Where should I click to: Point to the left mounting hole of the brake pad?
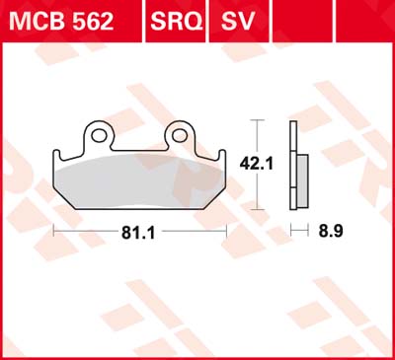pos(99,132)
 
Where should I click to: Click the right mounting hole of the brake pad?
pos(181,132)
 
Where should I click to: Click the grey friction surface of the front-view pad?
pos(139,182)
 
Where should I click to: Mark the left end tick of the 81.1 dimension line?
pos(52,234)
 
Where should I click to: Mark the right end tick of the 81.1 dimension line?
pos(227,234)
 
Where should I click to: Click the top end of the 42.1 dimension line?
pos(258,120)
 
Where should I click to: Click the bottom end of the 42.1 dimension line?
pos(258,207)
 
